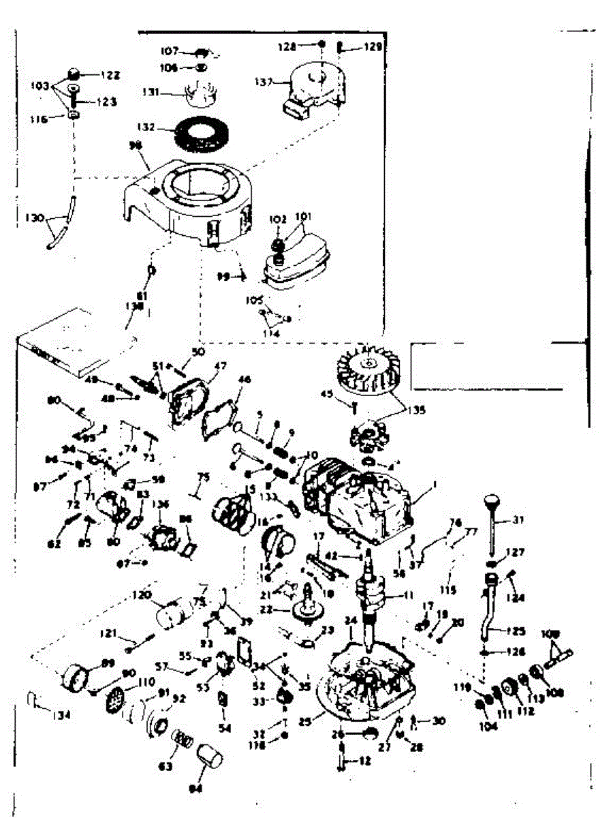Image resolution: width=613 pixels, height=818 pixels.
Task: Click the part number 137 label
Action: [264, 82]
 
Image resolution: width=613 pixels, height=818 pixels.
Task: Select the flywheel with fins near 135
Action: [366, 368]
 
